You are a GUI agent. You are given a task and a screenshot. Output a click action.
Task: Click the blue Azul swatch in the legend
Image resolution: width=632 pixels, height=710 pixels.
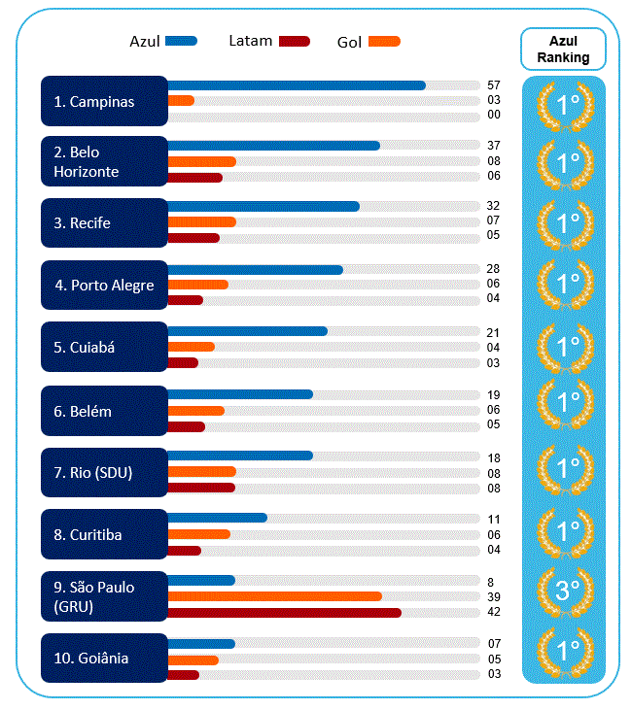[181, 41]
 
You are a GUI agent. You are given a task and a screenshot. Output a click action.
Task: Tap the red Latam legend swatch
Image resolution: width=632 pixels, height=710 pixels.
[295, 42]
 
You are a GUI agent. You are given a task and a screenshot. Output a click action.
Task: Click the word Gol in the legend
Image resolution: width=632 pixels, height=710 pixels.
[349, 43]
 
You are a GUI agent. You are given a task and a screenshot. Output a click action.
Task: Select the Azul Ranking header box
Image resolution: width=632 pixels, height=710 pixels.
[563, 50]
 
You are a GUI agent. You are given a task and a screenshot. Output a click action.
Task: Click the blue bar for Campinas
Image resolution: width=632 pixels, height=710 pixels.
[297, 85]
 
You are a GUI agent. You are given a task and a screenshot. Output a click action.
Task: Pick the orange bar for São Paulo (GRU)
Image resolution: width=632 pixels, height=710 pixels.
[275, 596]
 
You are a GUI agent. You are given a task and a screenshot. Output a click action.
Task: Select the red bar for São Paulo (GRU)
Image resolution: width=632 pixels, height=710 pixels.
[285, 613]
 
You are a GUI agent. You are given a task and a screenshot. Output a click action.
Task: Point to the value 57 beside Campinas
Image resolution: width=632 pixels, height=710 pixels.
[494, 85]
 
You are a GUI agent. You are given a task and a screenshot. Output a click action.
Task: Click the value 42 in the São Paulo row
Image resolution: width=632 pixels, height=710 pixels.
[494, 612]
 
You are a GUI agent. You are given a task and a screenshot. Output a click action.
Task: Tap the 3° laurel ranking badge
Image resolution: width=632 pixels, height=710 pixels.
[565, 591]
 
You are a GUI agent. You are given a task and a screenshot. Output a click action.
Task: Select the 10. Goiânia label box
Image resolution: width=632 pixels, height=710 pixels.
[104, 659]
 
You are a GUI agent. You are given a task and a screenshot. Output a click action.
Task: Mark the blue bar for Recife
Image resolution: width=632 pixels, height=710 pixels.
[263, 207]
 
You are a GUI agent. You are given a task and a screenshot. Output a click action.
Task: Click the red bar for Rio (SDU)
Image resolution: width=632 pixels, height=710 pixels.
[201, 488]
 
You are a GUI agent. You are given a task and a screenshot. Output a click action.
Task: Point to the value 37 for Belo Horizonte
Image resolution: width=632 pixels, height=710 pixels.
[494, 146]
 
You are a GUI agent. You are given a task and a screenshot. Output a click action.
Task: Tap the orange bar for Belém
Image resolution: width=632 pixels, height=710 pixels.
[196, 411]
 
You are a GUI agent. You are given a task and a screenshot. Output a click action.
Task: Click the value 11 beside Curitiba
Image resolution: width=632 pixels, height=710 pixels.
[494, 520]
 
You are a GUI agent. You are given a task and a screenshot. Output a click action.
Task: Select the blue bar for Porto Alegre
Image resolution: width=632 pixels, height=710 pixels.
[256, 270]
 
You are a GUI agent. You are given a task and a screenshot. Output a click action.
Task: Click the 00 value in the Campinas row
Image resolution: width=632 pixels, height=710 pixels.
[494, 115]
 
